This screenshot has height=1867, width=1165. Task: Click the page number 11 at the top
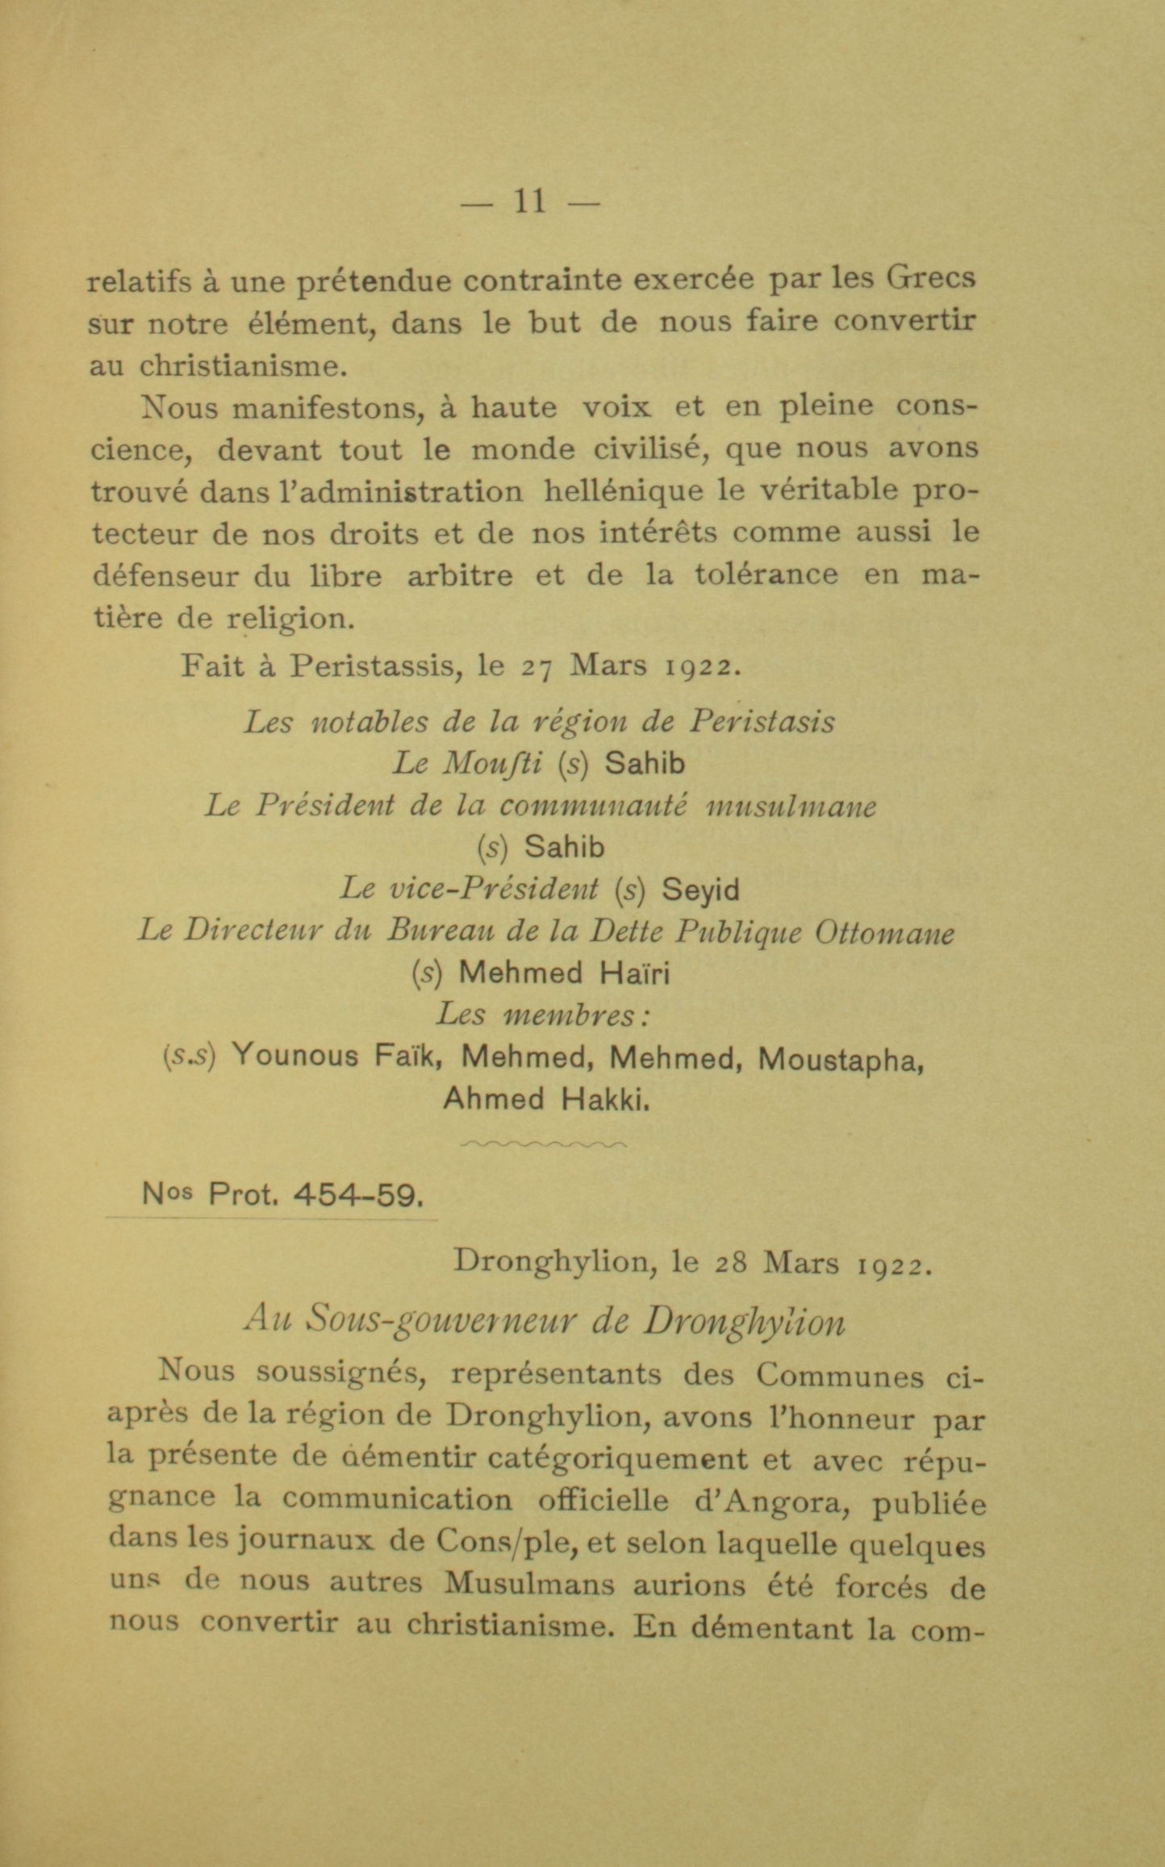coord(529,202)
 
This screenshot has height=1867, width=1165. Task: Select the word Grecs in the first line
coord(931,280)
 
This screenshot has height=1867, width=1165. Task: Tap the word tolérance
coord(766,575)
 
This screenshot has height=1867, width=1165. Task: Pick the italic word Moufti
coord(491,763)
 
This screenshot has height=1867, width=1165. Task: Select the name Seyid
coord(700,890)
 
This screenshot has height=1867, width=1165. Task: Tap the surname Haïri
coord(635,973)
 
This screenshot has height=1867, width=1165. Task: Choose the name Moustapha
coord(840,1059)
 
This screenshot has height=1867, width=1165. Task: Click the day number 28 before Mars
coord(732,1263)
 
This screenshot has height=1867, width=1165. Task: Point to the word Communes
coord(840,1374)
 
